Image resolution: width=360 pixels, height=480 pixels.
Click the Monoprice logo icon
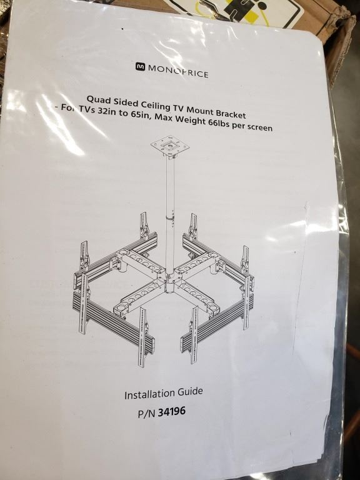click(x=141, y=67)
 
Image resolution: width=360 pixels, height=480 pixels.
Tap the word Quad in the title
click(x=97, y=99)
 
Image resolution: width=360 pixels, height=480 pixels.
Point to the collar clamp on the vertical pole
click(x=170, y=217)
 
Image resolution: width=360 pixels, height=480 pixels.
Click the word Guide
click(x=187, y=391)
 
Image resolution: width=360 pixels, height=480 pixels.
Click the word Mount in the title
click(x=200, y=110)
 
